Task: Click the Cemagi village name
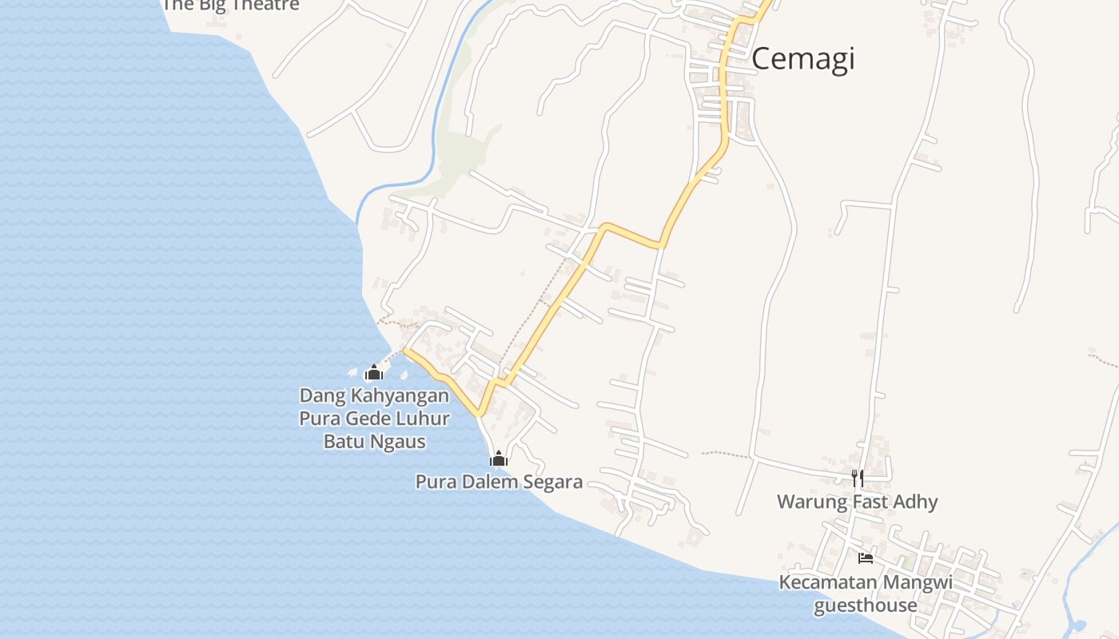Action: [x=802, y=58]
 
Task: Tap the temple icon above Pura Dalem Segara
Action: [x=499, y=458]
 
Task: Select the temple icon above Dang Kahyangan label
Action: [x=373, y=372]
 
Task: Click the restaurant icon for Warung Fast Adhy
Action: [x=857, y=478]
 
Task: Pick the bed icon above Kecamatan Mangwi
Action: [x=865, y=558]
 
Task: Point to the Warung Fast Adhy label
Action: [x=857, y=502]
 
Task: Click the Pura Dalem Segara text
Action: [x=499, y=482]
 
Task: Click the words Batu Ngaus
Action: [x=374, y=441]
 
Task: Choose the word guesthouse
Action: [x=865, y=605]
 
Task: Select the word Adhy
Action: [x=916, y=502]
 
